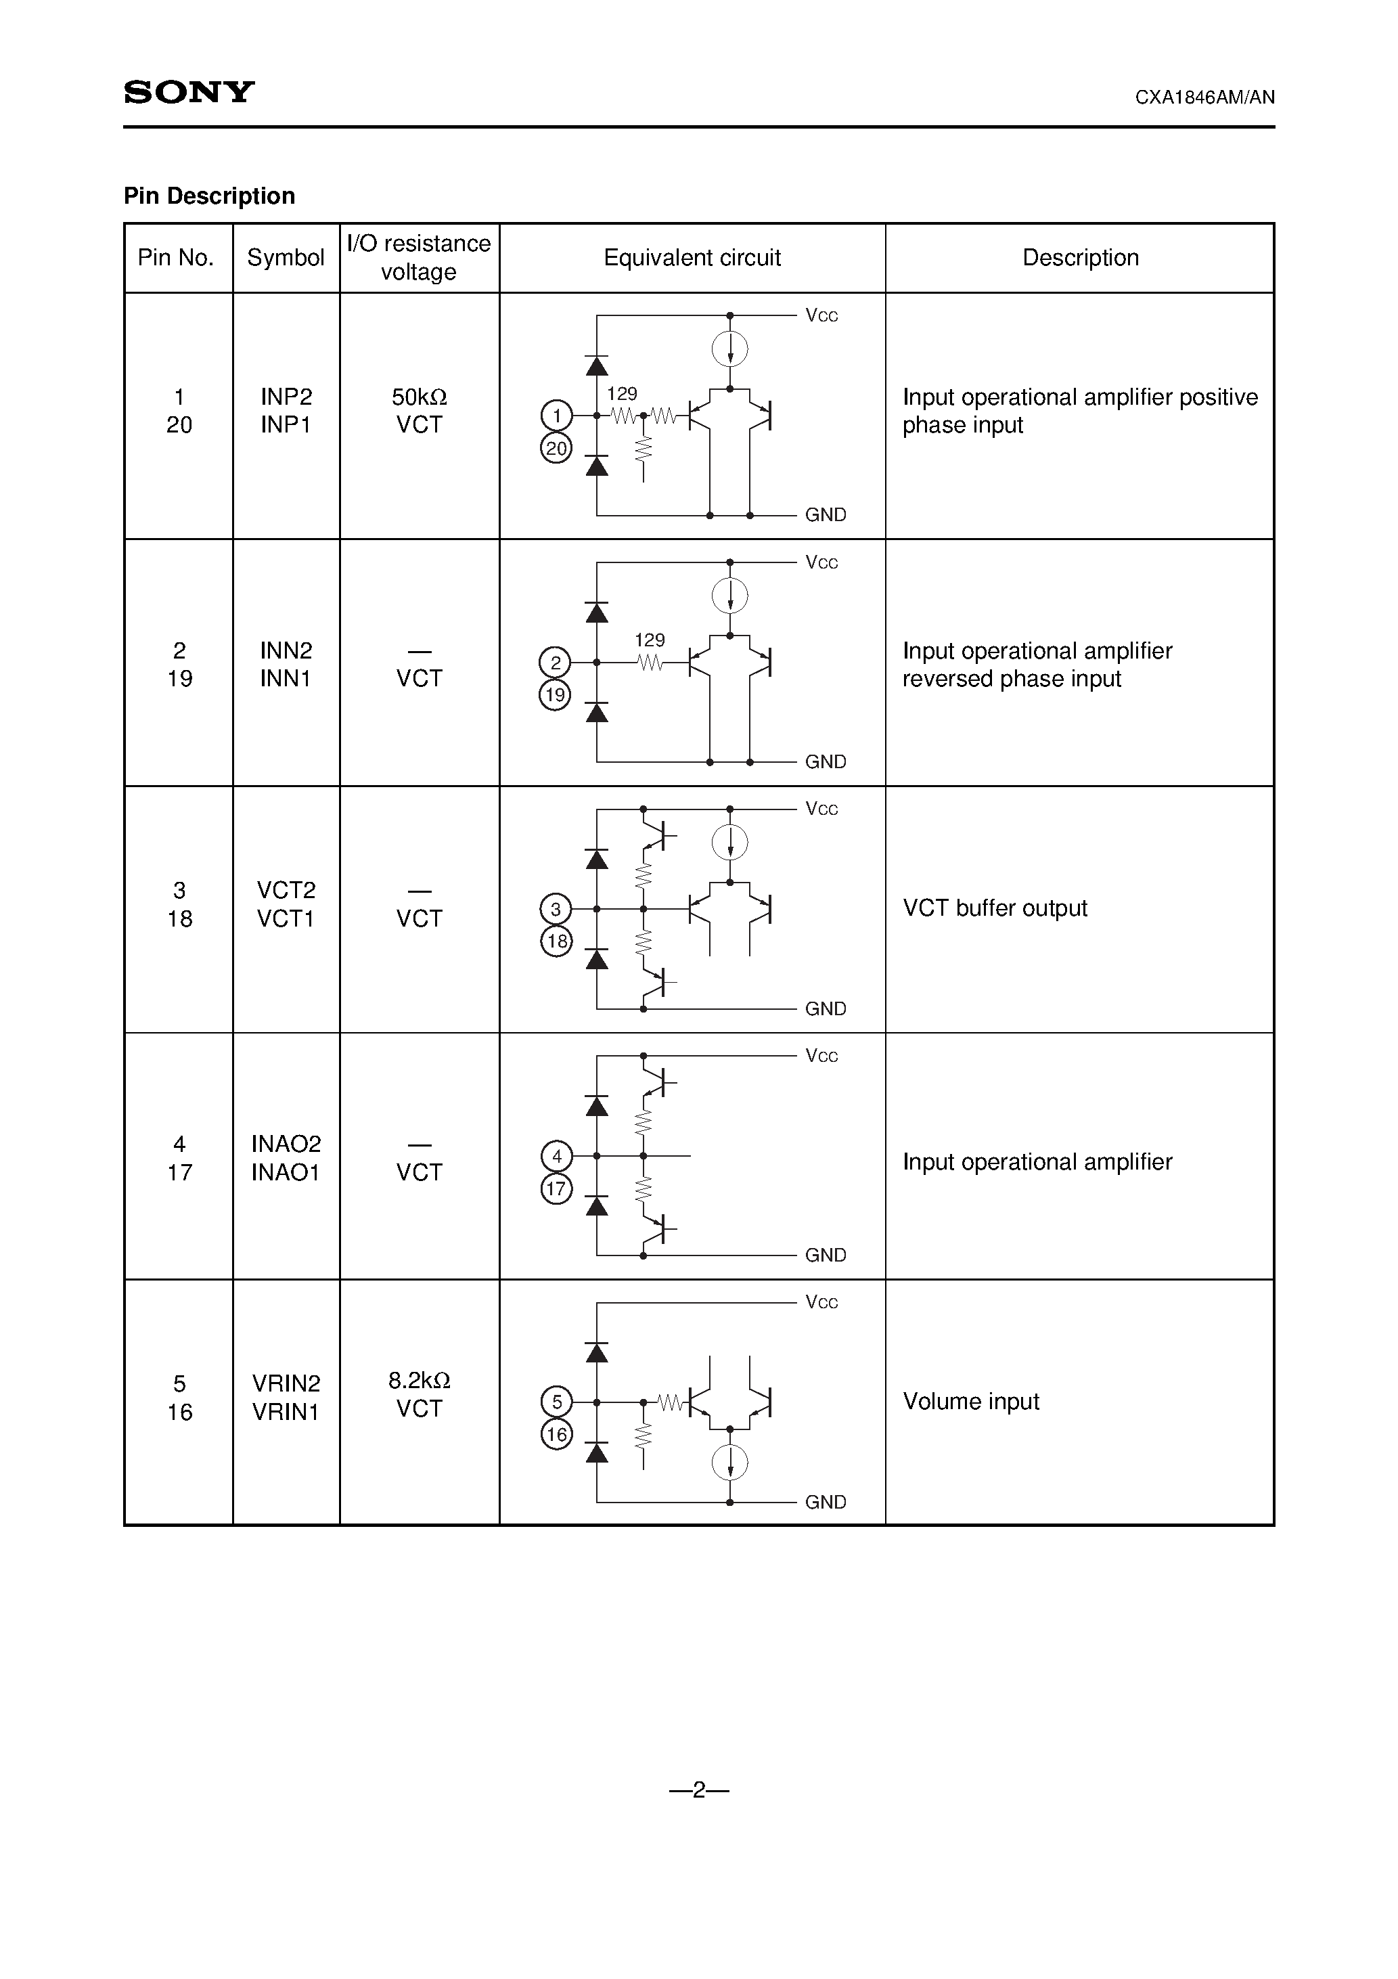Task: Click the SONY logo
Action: (189, 91)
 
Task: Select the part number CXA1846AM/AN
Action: (1204, 97)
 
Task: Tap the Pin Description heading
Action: (210, 196)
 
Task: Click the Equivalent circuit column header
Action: (692, 258)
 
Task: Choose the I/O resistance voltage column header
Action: (419, 258)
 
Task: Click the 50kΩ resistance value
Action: (419, 397)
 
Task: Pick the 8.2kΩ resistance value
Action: (419, 1381)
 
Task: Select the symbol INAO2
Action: (286, 1144)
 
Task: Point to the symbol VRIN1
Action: (286, 1412)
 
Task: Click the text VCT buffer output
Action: (995, 908)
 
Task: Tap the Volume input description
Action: (970, 1402)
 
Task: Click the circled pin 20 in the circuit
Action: (556, 448)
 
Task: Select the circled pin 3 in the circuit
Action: (556, 908)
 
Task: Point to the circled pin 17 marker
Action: (556, 1189)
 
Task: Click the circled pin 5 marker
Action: (556, 1402)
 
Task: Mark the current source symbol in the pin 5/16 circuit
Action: (730, 1462)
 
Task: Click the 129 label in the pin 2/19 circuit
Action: (650, 640)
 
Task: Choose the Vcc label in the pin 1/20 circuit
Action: (821, 315)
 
